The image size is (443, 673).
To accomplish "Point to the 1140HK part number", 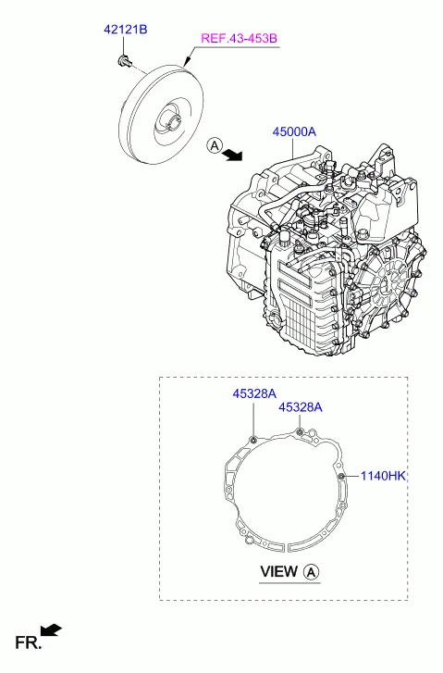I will click(383, 476).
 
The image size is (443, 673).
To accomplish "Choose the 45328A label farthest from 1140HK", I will click(253, 393).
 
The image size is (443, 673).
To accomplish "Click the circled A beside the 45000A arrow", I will click(214, 145).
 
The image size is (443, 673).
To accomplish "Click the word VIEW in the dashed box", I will click(278, 572).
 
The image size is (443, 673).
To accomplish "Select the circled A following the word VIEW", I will click(312, 572).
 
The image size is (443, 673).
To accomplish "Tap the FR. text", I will click(27, 642).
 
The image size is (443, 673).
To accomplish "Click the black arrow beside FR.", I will click(54, 630).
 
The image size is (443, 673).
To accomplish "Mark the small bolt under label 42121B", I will click(123, 62).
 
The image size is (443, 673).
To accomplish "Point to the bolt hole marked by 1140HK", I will click(341, 476).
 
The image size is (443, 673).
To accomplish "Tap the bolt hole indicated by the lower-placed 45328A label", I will click(300, 430).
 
